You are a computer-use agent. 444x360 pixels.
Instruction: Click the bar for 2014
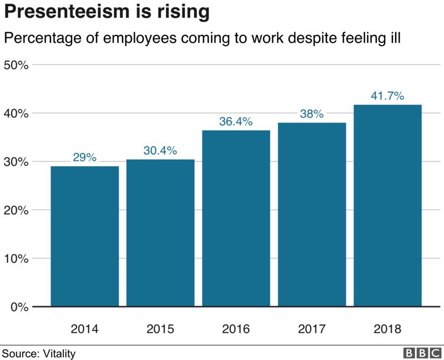(84, 236)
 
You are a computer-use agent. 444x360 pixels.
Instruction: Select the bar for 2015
(160, 232)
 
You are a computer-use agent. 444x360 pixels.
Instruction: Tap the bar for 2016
(236, 218)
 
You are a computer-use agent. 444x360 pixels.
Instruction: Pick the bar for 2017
(312, 214)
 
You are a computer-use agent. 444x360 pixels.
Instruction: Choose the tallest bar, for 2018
(387, 205)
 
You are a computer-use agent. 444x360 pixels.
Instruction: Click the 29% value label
(84, 158)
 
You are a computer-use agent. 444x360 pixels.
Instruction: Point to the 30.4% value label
(160, 150)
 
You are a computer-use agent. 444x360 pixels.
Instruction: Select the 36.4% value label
(236, 121)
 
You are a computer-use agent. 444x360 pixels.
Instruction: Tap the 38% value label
(312, 114)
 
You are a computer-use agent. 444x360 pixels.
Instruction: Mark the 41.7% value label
(387, 96)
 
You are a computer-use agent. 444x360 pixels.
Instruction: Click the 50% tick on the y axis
(16, 65)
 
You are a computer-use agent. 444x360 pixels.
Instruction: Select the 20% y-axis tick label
(16, 210)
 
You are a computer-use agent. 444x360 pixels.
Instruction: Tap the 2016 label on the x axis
(236, 328)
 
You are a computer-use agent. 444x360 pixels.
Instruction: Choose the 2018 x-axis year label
(387, 328)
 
